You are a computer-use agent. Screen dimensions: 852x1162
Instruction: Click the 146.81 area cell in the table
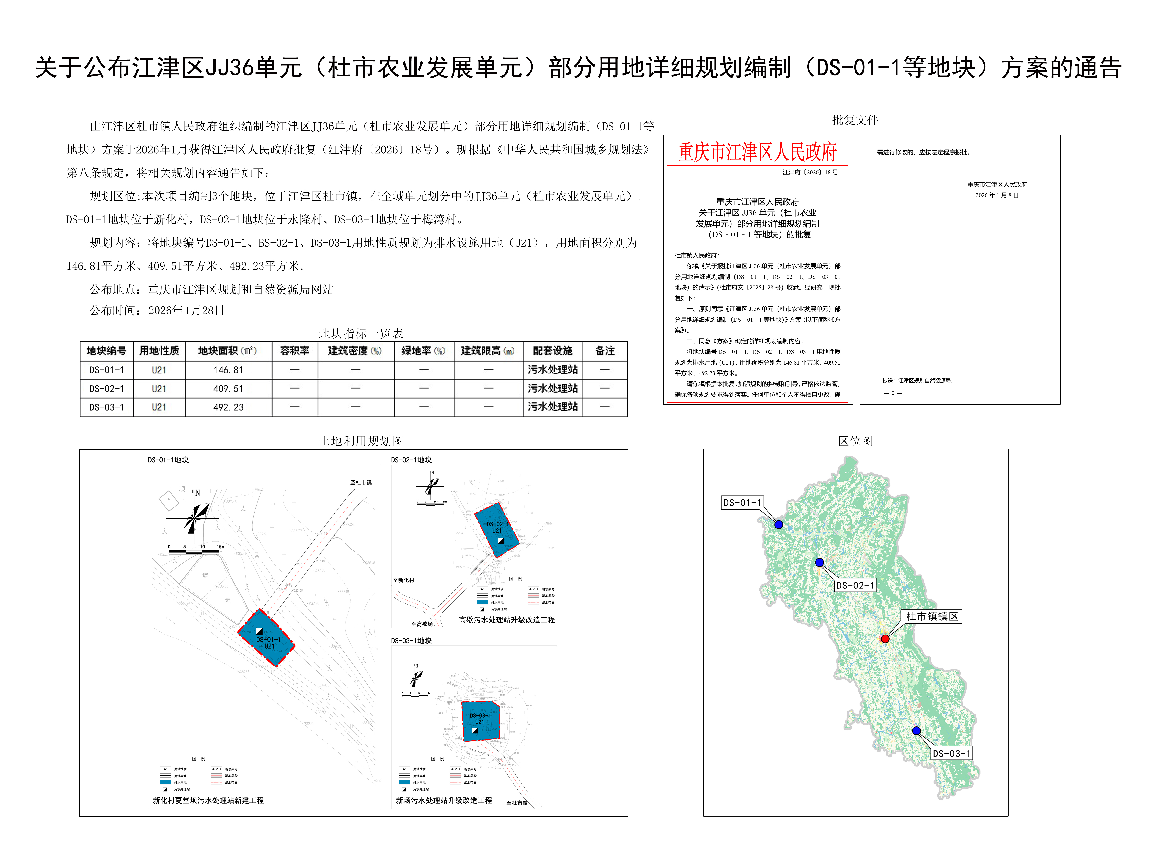coord(228,370)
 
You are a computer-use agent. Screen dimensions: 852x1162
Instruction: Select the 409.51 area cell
coord(228,388)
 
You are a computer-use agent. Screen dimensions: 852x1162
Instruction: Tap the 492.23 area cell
coord(228,407)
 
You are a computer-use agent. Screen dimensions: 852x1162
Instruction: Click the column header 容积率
coord(295,351)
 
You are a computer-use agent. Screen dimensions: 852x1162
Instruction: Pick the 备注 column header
coord(605,351)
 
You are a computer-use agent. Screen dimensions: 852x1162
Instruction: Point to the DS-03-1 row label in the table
coord(106,407)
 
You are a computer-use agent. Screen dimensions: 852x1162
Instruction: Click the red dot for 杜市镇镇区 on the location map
coord(885,638)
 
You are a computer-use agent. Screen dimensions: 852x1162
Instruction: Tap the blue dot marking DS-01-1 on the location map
coord(779,524)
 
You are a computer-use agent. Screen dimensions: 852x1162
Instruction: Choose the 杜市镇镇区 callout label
coord(932,616)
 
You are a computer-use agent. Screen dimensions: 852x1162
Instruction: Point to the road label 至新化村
coord(403,580)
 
